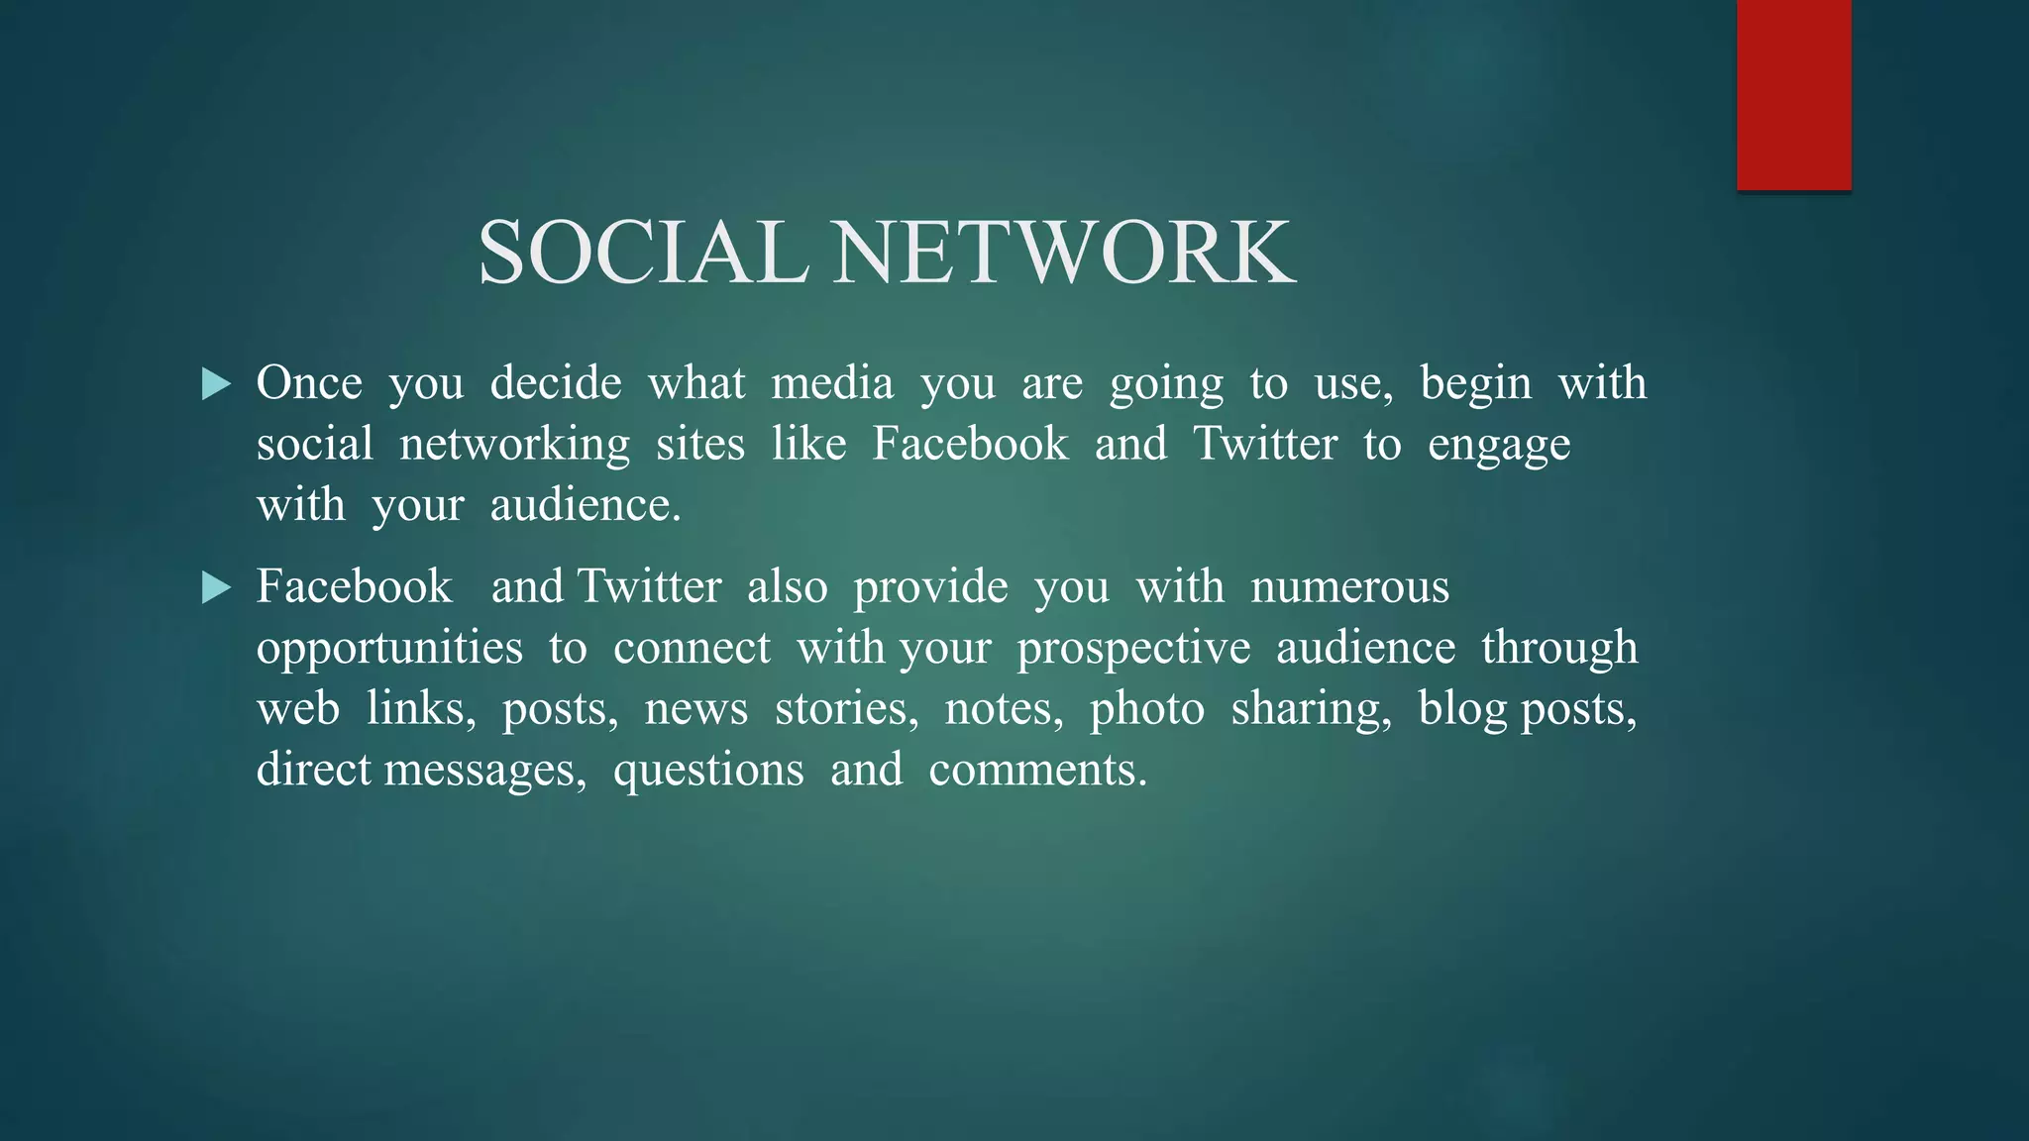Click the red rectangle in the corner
tap(1793, 94)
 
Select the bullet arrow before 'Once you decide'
tap(216, 384)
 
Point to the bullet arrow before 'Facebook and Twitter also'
tap(216, 588)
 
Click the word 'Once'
tap(309, 383)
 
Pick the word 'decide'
tap(556, 383)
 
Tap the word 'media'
tap(832, 383)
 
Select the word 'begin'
tap(1475, 383)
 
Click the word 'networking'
tap(514, 445)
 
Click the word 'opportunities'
tap(389, 649)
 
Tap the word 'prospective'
tap(1133, 649)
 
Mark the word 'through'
tap(1559, 649)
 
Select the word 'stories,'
tap(846, 709)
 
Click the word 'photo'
tap(1147, 709)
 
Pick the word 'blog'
tap(1462, 709)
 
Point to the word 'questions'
tap(708, 771)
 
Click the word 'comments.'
tap(1038, 771)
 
